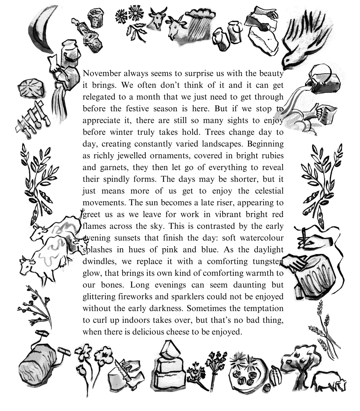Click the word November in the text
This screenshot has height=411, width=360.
click(101, 73)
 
